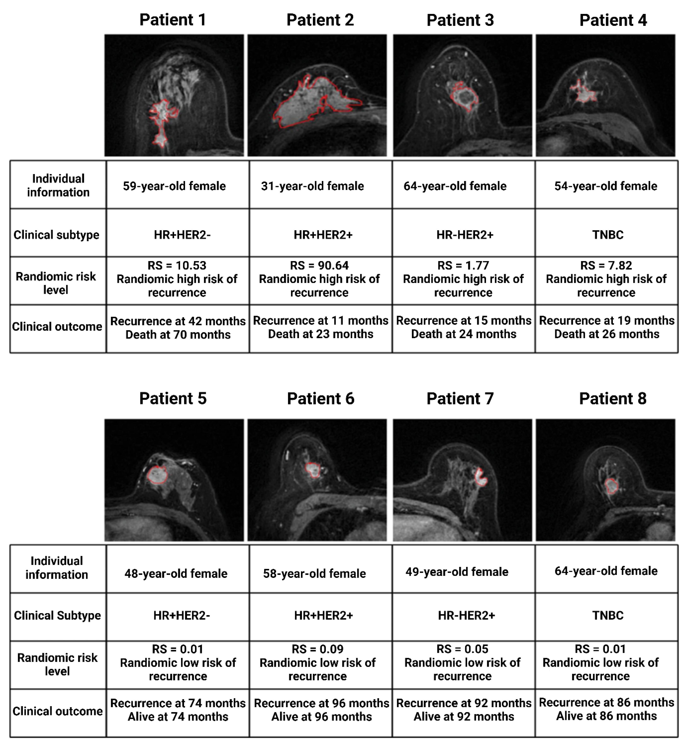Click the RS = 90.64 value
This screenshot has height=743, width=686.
pos(319,265)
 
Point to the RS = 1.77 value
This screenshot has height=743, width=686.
pos(463,265)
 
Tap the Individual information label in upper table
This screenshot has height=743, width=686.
pos(58,185)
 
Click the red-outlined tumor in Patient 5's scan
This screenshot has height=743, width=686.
pos(157,475)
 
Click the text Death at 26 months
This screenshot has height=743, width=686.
pos(607,334)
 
